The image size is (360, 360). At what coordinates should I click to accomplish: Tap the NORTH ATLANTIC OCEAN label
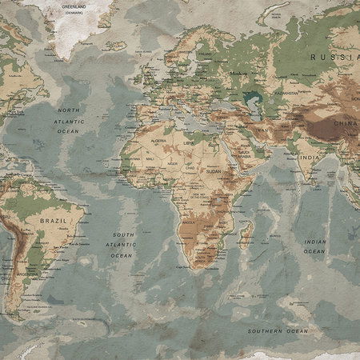coord(68,119)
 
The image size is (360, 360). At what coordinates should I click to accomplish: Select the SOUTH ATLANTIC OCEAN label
coord(122,244)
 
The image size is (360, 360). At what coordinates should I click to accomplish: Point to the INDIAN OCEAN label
coord(314,246)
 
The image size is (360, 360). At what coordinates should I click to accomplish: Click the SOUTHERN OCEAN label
coord(277,330)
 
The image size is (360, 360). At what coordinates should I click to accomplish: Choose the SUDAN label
coord(213,171)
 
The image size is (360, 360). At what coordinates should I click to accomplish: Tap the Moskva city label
coord(237,73)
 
